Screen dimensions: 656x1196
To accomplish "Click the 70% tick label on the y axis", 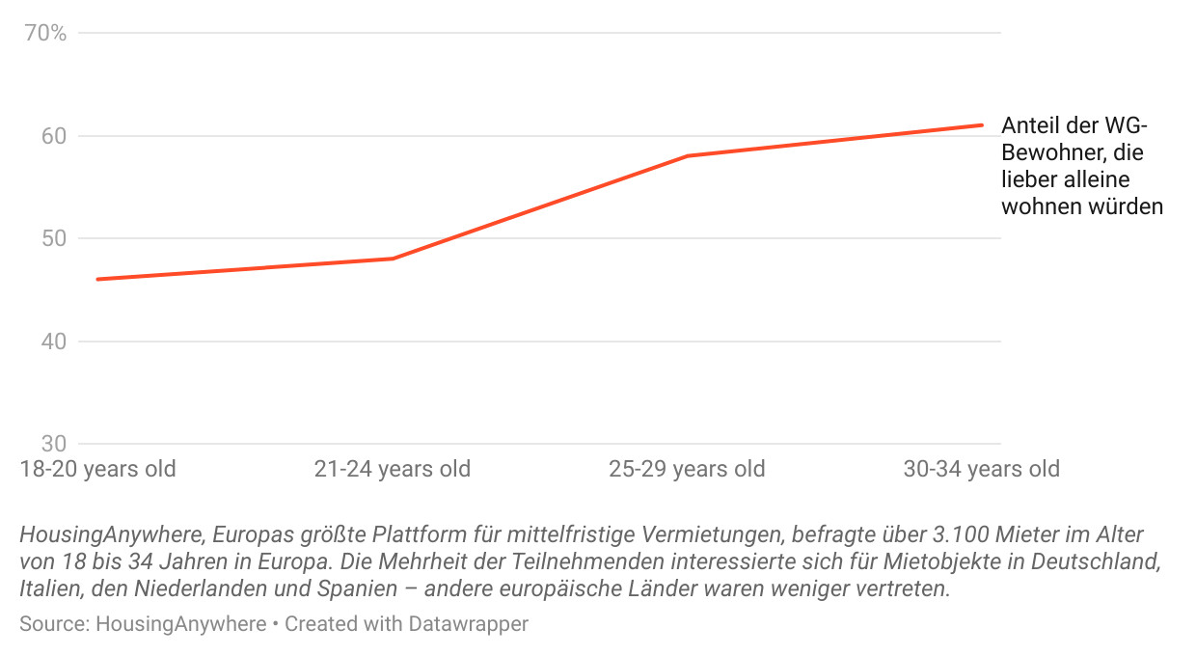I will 45,34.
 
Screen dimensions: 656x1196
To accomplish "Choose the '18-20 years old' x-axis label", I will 97,470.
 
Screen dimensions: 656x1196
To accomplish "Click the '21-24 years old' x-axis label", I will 393,470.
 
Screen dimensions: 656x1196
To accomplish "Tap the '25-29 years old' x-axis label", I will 687,470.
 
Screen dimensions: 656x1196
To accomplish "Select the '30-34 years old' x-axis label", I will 981,470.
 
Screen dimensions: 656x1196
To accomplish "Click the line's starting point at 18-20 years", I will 97,280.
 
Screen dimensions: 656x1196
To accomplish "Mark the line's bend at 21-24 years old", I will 393,259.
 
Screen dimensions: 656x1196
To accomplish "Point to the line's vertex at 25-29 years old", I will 687,155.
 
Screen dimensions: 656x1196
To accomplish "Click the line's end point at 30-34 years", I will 981,124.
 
